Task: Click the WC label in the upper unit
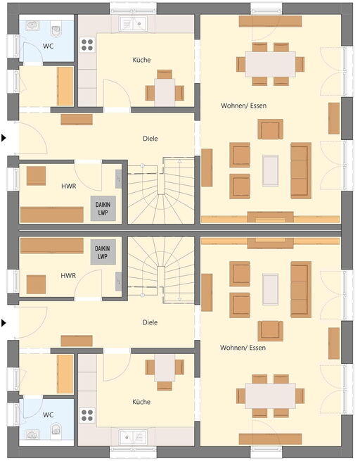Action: point(48,46)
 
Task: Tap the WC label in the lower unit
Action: point(48,415)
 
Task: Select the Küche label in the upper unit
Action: point(141,60)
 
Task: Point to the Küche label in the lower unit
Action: point(141,402)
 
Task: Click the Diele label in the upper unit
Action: point(150,139)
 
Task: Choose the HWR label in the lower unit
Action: point(68,276)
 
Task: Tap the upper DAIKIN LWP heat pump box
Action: point(103,208)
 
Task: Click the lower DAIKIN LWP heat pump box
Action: point(103,252)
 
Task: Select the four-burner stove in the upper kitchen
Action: point(87,45)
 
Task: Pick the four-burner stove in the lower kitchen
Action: point(87,415)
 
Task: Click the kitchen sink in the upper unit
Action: point(133,23)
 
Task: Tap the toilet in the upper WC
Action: point(56,29)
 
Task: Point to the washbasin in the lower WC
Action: point(32,435)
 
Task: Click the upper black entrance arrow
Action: point(4,138)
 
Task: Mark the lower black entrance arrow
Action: point(4,323)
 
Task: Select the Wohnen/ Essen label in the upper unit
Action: point(244,106)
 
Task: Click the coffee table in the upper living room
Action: point(271,171)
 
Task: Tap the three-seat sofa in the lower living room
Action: point(301,289)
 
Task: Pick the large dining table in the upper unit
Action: point(271,64)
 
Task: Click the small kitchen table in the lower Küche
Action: point(165,368)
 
